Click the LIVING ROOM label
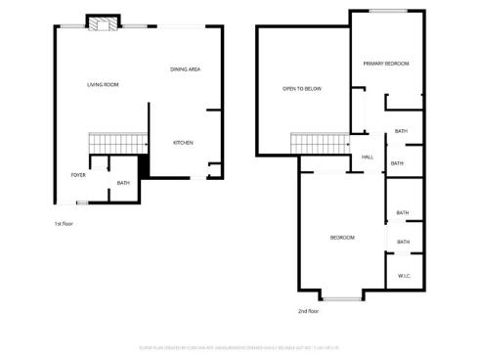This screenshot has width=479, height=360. (103, 85)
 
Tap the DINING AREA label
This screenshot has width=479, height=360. (186, 69)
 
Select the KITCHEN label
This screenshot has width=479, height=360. (183, 143)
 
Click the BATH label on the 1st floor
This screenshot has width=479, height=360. (123, 183)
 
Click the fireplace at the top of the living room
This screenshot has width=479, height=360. (101, 23)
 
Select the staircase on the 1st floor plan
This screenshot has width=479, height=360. (110, 143)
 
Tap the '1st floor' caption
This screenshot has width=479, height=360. (64, 224)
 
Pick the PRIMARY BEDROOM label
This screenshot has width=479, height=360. (386, 64)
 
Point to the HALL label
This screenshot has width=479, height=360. (368, 157)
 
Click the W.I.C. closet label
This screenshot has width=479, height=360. (405, 277)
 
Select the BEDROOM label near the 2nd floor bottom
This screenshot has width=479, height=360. (341, 238)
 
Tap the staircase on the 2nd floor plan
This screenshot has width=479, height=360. (319, 144)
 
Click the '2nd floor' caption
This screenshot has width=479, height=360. (308, 311)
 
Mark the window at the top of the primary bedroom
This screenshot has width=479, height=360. (388, 12)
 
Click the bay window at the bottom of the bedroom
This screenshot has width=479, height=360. (341, 297)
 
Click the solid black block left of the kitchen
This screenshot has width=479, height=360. (144, 168)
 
